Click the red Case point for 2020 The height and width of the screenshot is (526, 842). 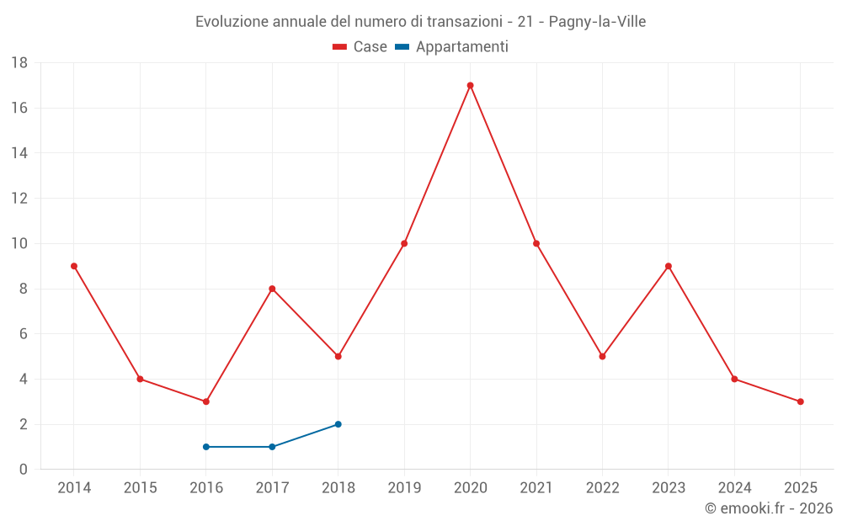click(470, 85)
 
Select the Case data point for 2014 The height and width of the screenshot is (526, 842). click(74, 266)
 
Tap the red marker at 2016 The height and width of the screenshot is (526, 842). click(206, 401)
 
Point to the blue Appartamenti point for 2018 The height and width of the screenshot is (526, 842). click(338, 424)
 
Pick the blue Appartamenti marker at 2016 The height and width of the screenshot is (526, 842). click(206, 447)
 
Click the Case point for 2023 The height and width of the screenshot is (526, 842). click(669, 266)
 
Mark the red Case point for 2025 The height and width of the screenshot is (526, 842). click(800, 401)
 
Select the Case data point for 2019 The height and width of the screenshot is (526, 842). click(404, 243)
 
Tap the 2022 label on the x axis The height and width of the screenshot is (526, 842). click(602, 487)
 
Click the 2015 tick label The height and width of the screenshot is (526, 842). click(140, 487)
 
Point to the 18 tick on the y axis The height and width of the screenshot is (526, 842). click(19, 63)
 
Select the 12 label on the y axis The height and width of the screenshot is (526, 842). click(19, 199)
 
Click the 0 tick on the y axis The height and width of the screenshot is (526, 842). click(24, 470)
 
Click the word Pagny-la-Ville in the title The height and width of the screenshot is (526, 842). click(597, 22)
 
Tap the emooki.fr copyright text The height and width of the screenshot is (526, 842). click(769, 508)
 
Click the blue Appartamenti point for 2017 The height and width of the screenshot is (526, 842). click(272, 447)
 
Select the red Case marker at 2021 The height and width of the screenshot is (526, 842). click(536, 243)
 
